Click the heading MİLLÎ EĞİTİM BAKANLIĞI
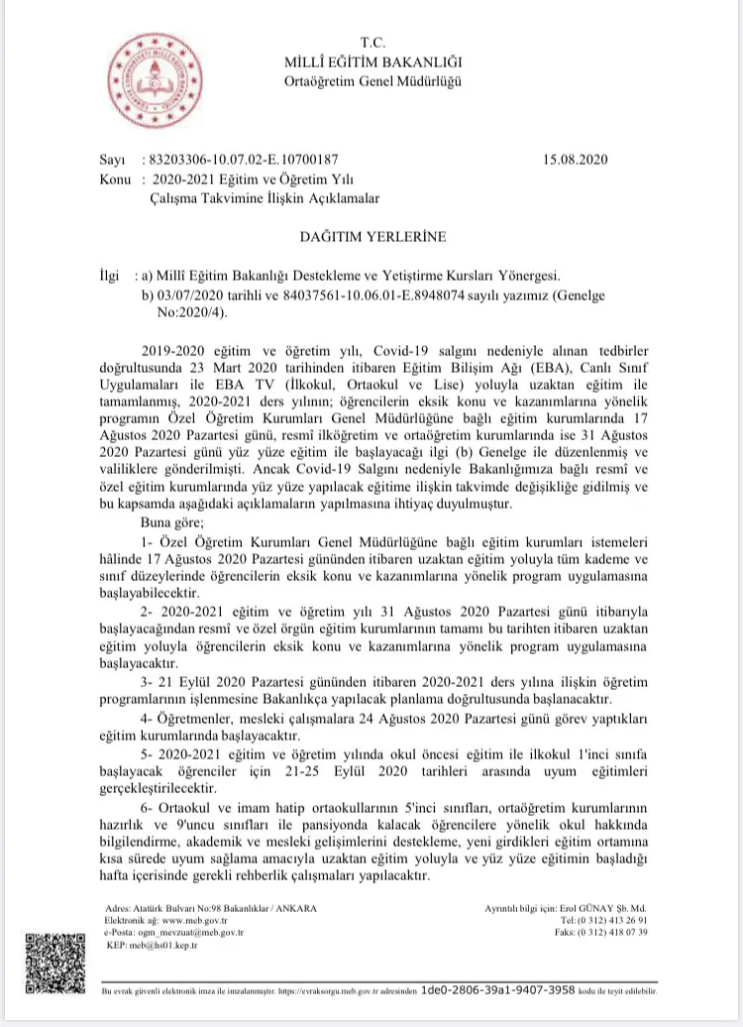[371, 63]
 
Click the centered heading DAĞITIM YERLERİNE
[372, 237]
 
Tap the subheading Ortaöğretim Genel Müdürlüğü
[371, 81]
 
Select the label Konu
[117, 178]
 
